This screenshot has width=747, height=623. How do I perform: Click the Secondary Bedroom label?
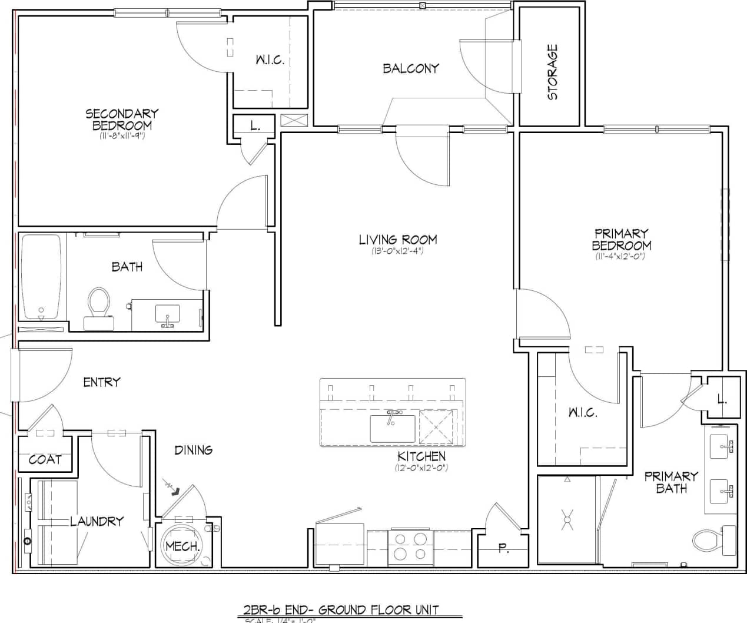coord(122,119)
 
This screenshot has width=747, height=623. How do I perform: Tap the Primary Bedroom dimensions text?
coord(622,256)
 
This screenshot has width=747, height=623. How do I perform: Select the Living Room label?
coord(398,240)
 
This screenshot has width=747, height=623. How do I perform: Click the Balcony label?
coord(411,68)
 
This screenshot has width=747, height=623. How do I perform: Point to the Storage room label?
coord(552,72)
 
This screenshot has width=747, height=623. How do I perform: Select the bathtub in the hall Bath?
coord(41,277)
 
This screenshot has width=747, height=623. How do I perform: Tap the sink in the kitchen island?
coord(392,428)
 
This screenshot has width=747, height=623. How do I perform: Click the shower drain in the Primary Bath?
coord(567,520)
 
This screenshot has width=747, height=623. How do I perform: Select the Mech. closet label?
coord(182,546)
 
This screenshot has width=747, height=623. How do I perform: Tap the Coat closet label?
coord(45,459)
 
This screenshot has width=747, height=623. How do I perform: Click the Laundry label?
coord(97,521)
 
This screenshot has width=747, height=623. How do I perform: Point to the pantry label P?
coord(503,549)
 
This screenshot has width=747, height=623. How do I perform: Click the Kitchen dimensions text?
coord(421,468)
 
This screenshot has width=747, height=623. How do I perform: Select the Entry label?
coord(101,382)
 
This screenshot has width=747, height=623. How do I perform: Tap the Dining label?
coord(193,450)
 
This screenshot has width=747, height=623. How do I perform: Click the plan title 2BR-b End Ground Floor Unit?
coord(341,610)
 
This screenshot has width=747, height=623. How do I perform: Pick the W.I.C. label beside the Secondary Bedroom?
coord(270,60)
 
